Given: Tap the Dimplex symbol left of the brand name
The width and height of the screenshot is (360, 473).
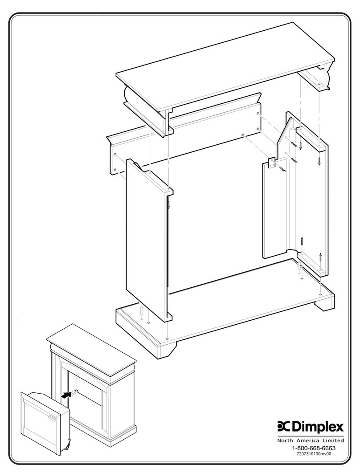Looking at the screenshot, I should click(284, 427).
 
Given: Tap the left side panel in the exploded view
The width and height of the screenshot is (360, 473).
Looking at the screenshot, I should click(147, 241).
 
